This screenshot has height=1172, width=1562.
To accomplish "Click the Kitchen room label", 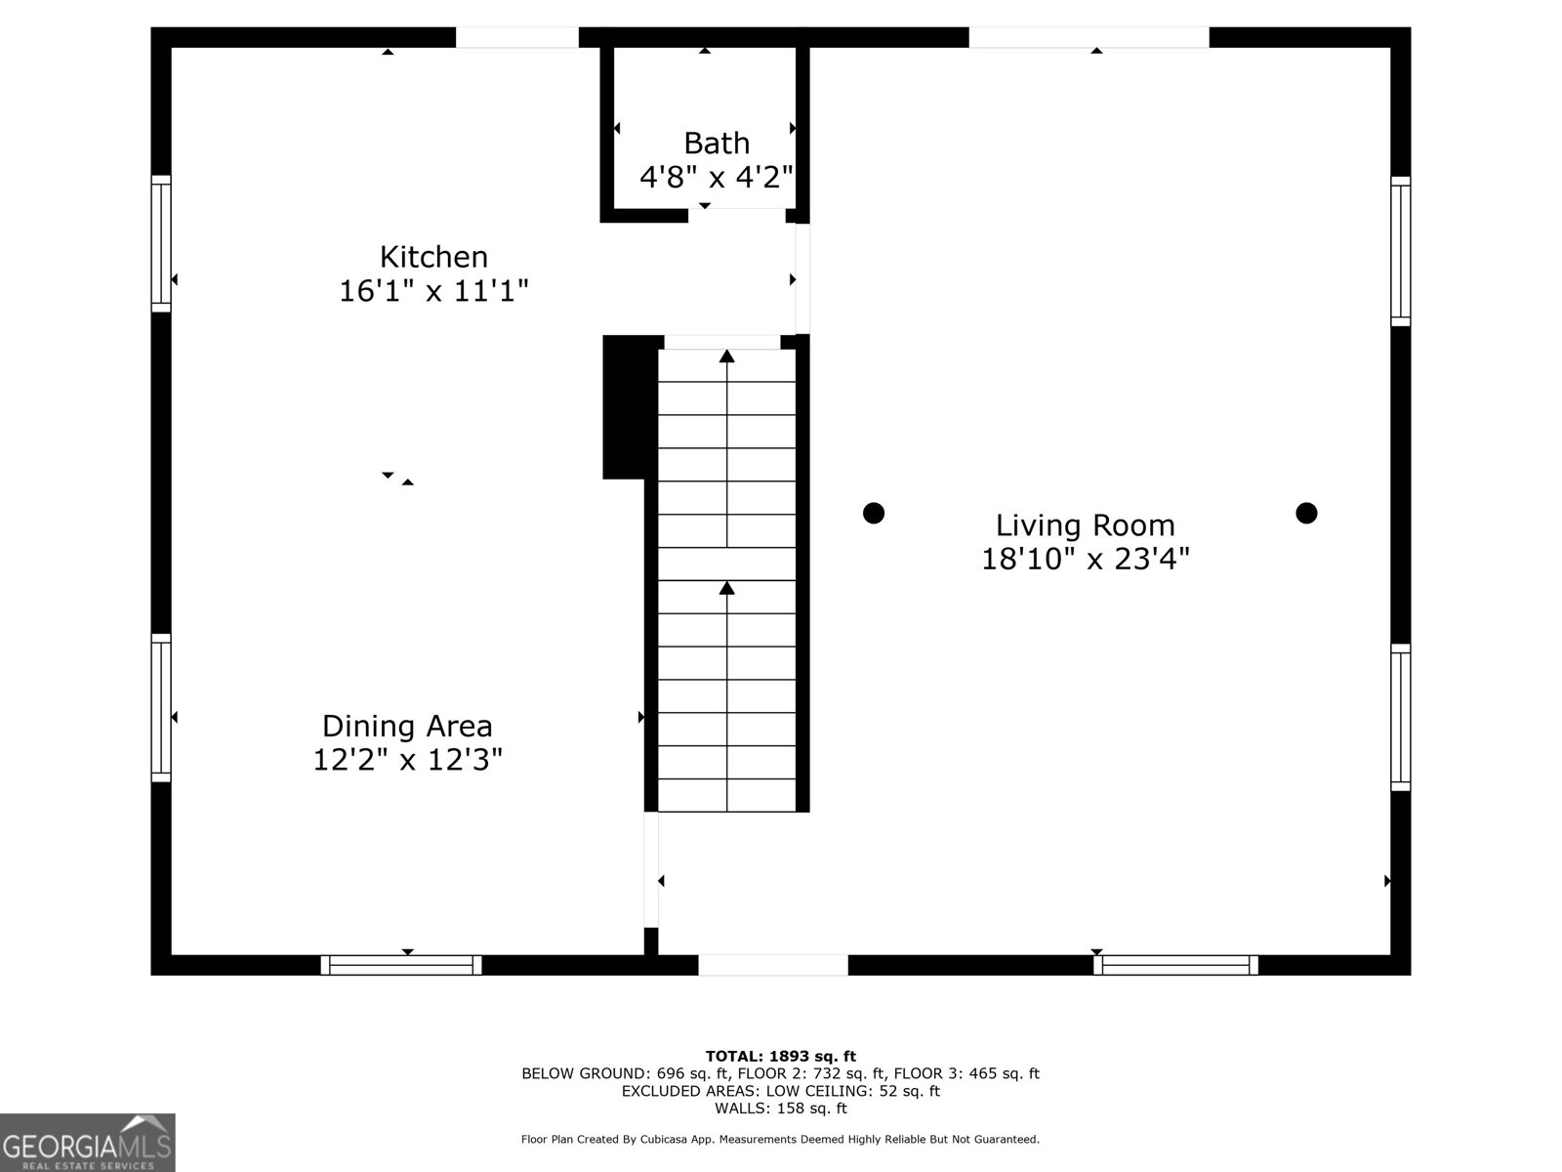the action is [433, 257].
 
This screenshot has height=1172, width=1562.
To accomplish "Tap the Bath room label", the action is [716, 143].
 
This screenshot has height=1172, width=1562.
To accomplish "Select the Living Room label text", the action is [1086, 525].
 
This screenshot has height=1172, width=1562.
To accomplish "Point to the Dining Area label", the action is [407, 726].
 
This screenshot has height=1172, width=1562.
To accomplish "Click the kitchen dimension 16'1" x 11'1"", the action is [433, 290].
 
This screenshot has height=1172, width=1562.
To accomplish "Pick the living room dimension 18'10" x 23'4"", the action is [1086, 559].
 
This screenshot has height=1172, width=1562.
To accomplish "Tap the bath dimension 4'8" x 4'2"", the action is [716, 177].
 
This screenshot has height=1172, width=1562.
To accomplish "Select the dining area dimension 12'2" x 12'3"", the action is [407, 759].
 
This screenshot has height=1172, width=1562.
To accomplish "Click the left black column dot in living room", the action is [873, 513].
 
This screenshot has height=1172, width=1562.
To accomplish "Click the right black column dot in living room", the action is [1306, 513].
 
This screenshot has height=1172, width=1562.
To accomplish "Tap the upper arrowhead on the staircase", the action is [726, 356].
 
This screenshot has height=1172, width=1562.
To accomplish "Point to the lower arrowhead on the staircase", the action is [726, 588].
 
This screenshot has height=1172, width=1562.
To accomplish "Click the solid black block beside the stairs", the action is [630, 407].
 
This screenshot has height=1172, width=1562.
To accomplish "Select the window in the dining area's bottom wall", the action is [401, 965].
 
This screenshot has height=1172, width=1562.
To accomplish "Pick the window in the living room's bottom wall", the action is [1175, 965].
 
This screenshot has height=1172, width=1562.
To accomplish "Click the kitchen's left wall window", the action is [161, 243].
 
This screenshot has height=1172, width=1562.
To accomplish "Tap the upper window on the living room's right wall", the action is [1401, 251].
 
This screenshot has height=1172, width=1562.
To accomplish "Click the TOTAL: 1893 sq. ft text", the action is [781, 1056].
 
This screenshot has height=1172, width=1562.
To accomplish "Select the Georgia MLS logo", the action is [87, 1143].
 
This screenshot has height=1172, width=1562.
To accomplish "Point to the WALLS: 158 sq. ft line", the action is [781, 1108].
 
